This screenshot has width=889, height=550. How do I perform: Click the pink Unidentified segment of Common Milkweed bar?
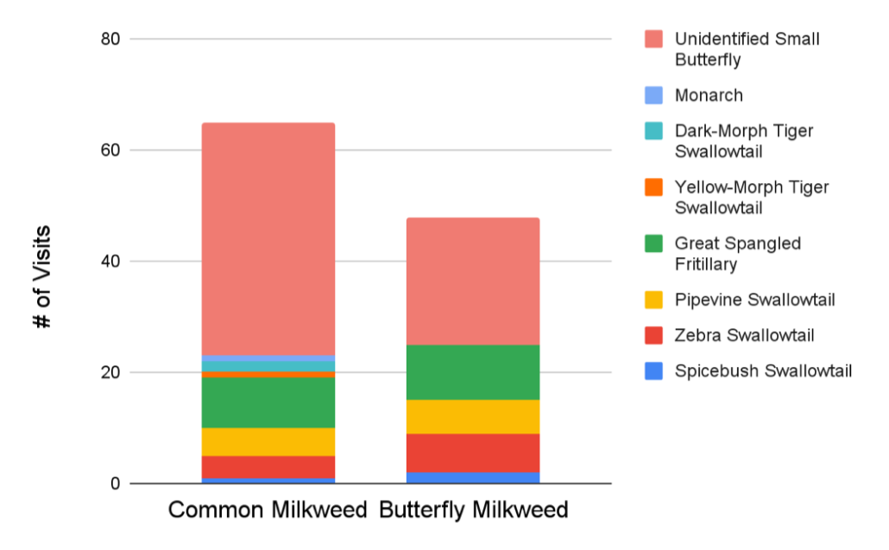point(268,238)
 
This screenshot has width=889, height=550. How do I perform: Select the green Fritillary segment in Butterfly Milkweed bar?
point(472,372)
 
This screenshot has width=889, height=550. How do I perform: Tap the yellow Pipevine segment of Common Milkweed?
point(268,441)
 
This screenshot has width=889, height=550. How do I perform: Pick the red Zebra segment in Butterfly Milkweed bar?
point(472,452)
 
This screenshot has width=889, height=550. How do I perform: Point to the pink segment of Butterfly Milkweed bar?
point(472,281)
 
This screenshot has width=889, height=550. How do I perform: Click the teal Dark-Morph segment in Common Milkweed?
point(268,366)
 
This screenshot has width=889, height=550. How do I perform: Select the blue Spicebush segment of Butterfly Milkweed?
point(472,477)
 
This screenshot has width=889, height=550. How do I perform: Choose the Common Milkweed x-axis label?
point(268,510)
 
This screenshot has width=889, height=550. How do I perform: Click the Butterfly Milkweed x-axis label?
point(473,510)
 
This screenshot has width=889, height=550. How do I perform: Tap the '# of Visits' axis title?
point(41,276)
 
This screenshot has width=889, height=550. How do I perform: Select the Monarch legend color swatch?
point(653,96)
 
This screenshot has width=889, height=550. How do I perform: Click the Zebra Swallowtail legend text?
point(744,336)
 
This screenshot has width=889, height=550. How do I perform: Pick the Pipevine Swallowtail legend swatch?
point(653,300)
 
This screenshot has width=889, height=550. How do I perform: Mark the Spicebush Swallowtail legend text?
point(763,371)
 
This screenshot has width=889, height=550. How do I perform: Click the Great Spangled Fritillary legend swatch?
point(653,243)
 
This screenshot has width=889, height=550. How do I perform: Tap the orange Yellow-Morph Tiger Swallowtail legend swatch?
point(653,187)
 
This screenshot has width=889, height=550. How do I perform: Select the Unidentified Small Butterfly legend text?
point(747,49)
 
